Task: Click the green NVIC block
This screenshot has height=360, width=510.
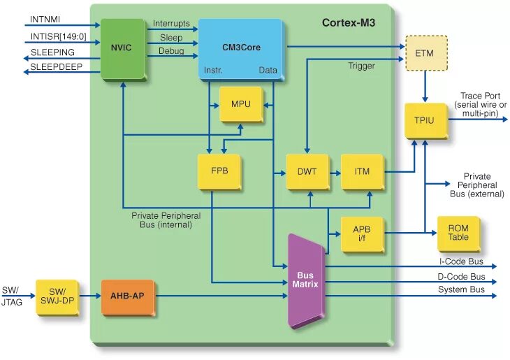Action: (122, 48)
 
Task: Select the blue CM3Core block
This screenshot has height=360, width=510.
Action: (240, 48)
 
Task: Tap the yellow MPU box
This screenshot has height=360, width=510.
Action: (240, 105)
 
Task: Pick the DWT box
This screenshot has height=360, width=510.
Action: (307, 171)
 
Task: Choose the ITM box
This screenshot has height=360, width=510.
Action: (362, 171)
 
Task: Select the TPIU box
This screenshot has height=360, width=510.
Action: (425, 120)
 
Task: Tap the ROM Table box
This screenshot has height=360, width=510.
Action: (458, 233)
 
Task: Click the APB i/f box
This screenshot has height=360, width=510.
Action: (362, 233)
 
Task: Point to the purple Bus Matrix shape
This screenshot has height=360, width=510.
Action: (306, 280)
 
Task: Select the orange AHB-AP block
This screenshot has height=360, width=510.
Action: (127, 296)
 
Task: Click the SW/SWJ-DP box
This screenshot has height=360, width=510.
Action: (57, 296)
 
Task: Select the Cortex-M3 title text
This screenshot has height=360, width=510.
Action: (348, 22)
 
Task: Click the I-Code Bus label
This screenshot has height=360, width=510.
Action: (461, 261)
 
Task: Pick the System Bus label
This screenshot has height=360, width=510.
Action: (461, 290)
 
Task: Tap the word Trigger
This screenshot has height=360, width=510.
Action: (361, 66)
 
